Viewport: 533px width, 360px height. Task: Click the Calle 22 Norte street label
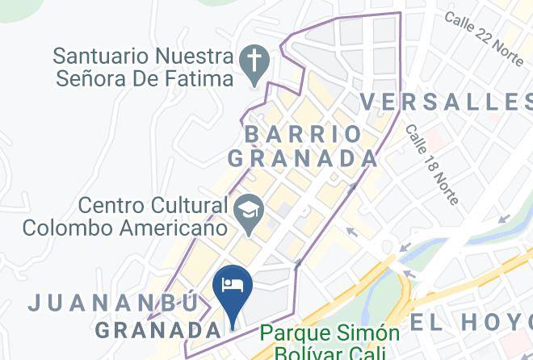tap(485, 32)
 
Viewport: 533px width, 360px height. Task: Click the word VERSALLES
tap(445, 102)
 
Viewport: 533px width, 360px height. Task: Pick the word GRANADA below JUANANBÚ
tap(158, 330)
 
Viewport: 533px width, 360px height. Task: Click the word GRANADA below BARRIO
tap(304, 158)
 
